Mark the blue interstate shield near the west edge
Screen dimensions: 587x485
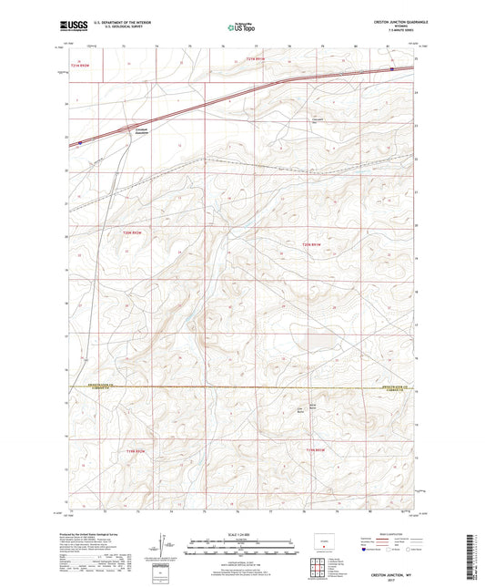80,142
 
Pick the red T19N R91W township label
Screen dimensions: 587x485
316,449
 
